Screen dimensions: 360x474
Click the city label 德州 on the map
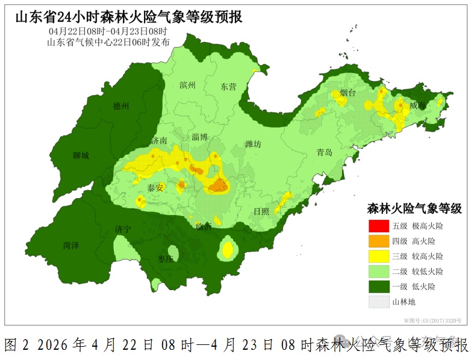(x=121, y=107)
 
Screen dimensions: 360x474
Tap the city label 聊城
(x=81, y=156)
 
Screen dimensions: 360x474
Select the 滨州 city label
(x=188, y=85)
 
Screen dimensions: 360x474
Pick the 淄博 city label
(x=199, y=137)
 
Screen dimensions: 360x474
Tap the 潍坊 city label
(x=253, y=144)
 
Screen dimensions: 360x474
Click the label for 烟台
(x=348, y=93)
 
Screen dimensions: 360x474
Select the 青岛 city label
(x=324, y=153)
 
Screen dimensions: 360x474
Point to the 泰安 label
(x=155, y=188)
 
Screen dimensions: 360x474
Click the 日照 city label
(x=261, y=211)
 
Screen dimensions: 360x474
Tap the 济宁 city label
(x=123, y=229)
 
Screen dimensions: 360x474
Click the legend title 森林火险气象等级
(x=414, y=209)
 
